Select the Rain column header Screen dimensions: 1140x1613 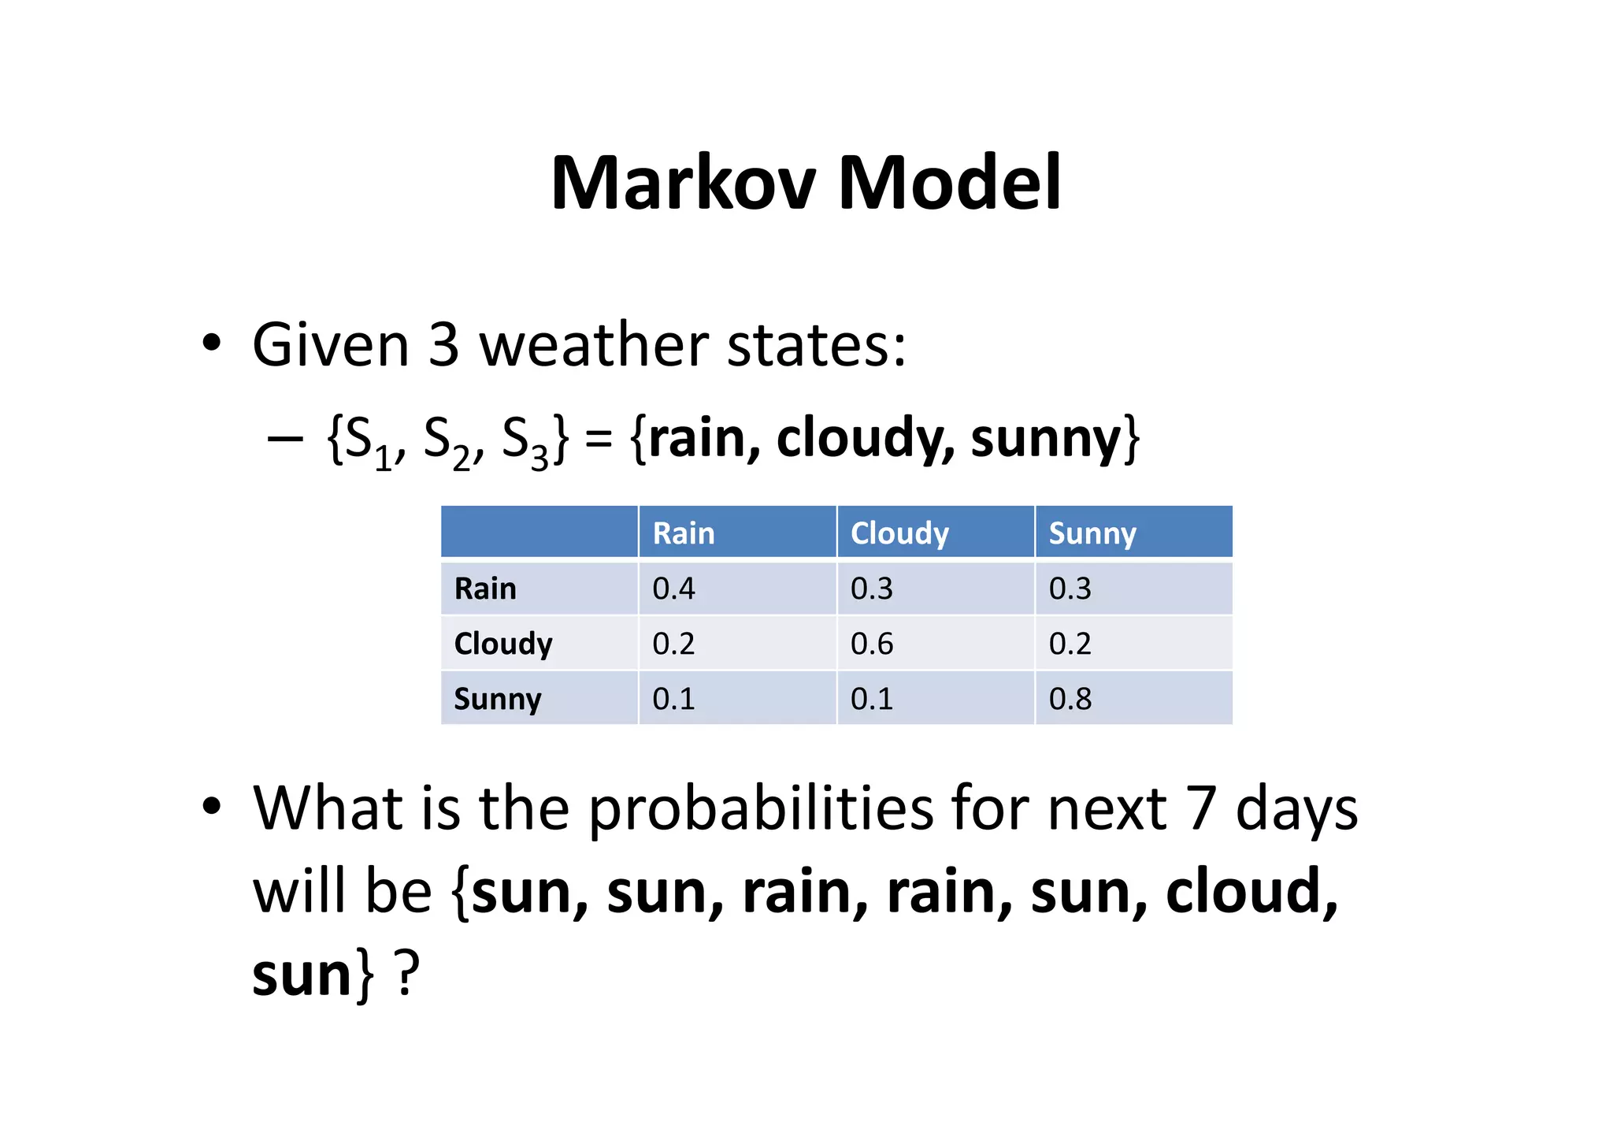click(x=683, y=533)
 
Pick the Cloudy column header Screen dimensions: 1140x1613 click(x=899, y=533)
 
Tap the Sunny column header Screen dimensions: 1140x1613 click(x=1092, y=533)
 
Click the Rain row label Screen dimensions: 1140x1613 click(x=485, y=589)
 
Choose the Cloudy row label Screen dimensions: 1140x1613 click(x=503, y=644)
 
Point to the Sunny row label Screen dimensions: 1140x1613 click(x=498, y=699)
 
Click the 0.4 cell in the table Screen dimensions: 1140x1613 click(x=673, y=589)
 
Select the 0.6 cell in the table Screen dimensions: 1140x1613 click(x=872, y=644)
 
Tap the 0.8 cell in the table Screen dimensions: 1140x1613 click(x=1070, y=699)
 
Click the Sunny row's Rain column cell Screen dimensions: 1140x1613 click(x=673, y=699)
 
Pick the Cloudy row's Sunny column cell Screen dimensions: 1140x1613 click(x=1070, y=644)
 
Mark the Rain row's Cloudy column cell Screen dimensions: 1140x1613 click(x=872, y=589)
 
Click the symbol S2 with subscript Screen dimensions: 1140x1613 click(x=446, y=441)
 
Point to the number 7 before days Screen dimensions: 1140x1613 click(x=1201, y=809)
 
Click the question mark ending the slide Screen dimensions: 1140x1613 click(x=406, y=975)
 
